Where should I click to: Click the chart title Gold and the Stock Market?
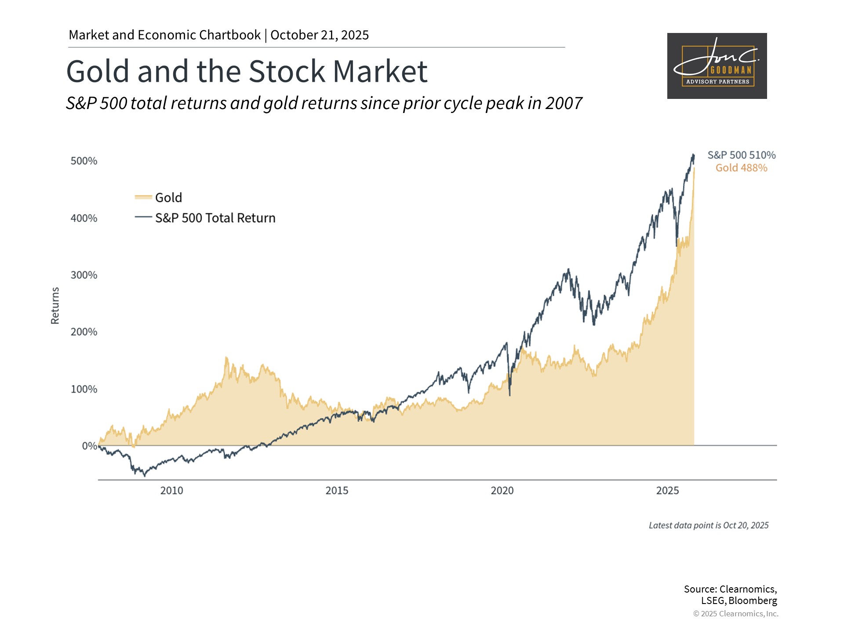[x=247, y=71]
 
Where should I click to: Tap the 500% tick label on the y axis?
[x=84, y=161]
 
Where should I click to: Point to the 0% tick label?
[x=90, y=446]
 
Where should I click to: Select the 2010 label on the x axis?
[x=171, y=491]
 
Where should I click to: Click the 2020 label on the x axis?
[x=502, y=491]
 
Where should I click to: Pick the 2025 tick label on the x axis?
[x=667, y=491]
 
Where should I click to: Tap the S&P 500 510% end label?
[x=742, y=155]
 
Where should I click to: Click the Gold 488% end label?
[x=742, y=168]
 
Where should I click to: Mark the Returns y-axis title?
[x=55, y=306]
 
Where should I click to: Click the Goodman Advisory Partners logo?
[x=717, y=66]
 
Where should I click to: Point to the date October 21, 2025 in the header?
[x=320, y=35]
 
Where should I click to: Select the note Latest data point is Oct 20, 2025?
[x=709, y=525]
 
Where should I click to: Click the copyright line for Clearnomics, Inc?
[x=735, y=614]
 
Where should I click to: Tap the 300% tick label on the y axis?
[x=84, y=275]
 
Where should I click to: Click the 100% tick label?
[x=84, y=389]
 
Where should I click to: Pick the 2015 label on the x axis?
[x=337, y=491]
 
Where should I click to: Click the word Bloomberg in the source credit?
[x=753, y=601]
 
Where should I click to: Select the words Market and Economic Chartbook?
[x=165, y=35]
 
